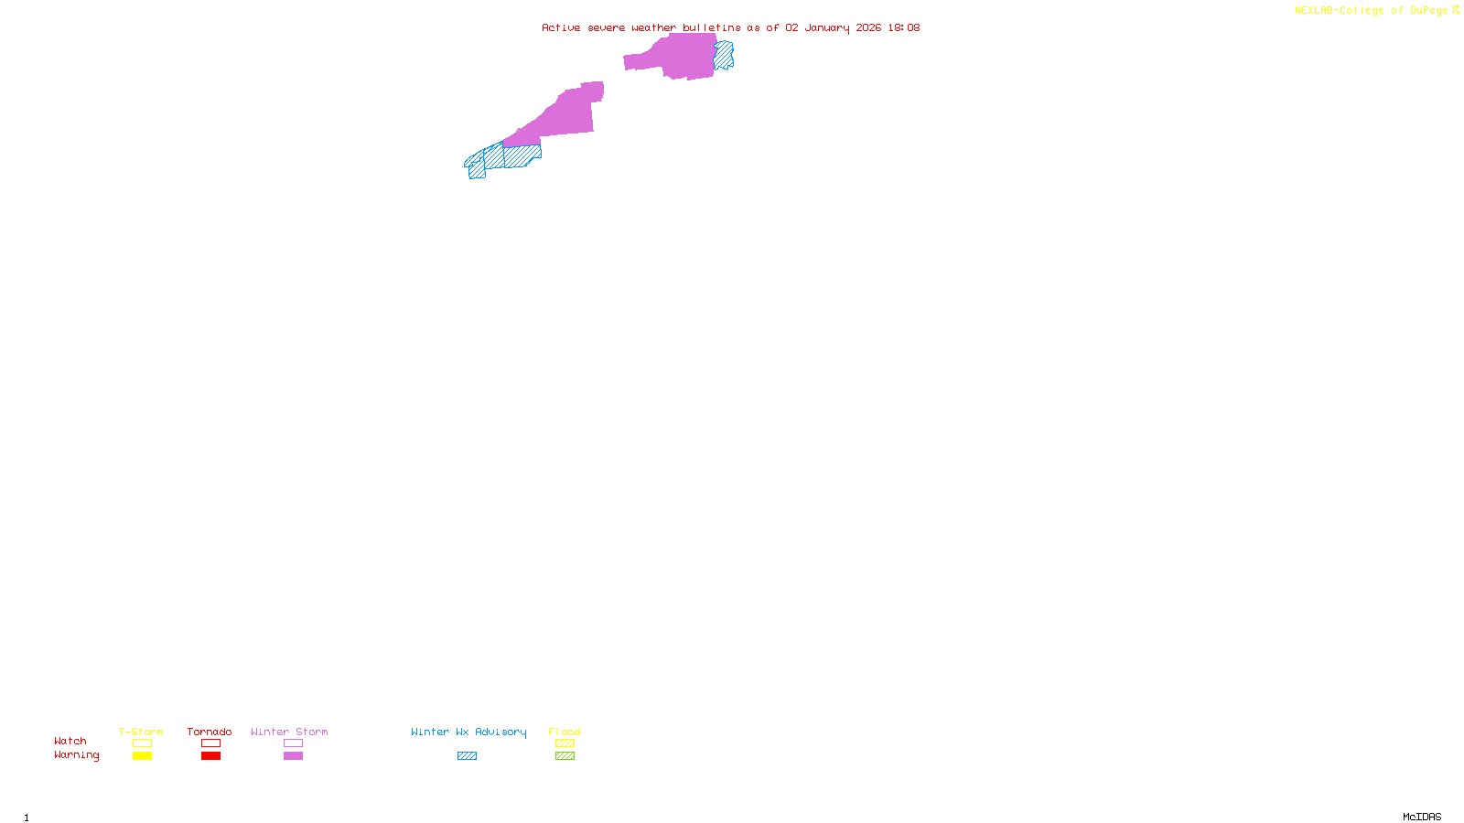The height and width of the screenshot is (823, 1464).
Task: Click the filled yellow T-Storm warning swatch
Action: click(142, 756)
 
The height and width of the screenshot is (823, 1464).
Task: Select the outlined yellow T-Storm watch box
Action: click(142, 743)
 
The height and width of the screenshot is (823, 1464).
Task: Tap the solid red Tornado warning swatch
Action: click(211, 756)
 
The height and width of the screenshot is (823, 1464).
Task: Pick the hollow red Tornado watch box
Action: click(211, 743)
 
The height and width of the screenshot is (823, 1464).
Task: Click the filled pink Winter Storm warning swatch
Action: click(293, 756)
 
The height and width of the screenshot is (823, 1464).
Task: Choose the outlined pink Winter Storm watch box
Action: click(293, 743)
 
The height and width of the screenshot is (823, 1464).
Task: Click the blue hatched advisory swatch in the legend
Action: click(467, 756)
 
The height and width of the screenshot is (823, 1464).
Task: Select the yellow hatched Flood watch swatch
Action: click(565, 743)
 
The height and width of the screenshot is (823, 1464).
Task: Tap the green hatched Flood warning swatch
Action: click(565, 756)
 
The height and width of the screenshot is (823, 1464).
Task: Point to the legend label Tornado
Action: click(210, 732)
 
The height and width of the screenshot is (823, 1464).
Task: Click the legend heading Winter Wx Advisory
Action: click(468, 732)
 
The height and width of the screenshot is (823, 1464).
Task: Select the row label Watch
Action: click(70, 742)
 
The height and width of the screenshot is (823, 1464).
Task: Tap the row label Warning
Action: click(76, 755)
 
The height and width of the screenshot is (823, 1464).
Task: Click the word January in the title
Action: click(827, 27)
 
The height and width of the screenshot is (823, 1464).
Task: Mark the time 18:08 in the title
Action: click(903, 27)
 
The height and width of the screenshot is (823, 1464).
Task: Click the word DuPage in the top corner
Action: click(1428, 10)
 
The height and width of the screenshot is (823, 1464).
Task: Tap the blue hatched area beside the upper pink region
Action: click(724, 55)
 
